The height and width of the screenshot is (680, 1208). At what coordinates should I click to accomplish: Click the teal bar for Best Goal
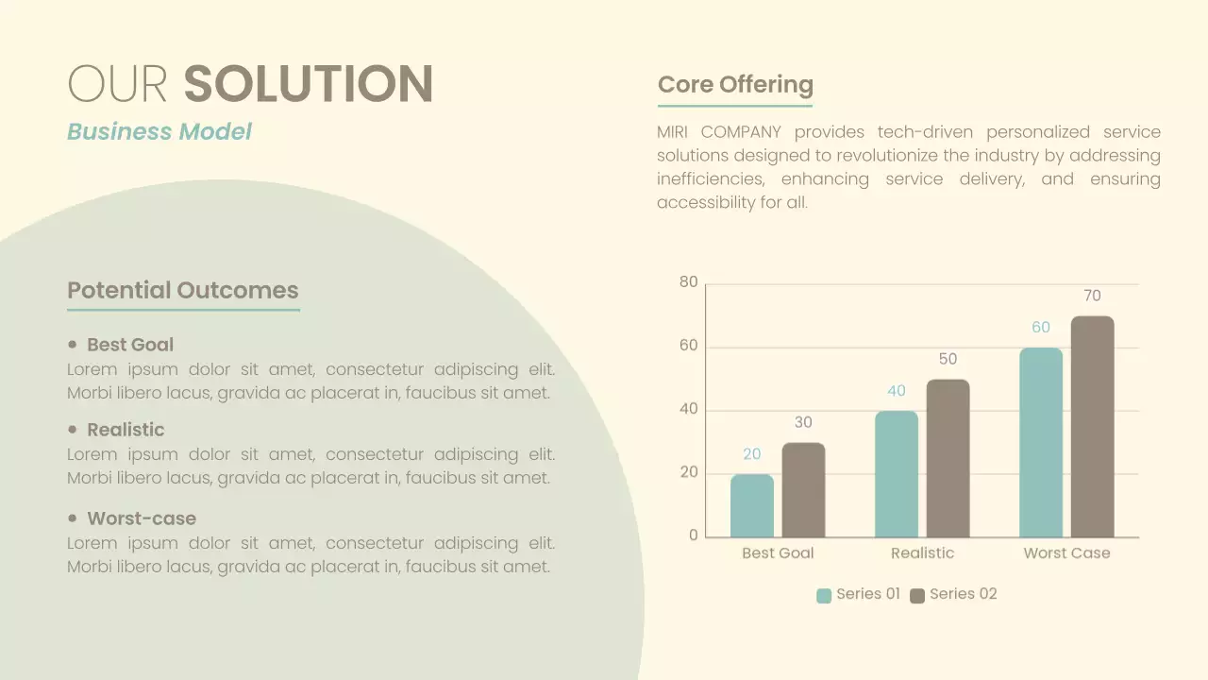point(752,506)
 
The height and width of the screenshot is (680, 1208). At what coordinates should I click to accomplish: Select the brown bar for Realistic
point(948,459)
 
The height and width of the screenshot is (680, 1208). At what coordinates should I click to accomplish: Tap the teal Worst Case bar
point(1041,443)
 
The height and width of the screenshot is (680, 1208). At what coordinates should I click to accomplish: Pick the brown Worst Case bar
point(1092,427)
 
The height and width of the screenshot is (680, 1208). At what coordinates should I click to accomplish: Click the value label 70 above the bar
point(1092,296)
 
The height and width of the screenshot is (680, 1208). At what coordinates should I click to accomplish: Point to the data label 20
point(752,454)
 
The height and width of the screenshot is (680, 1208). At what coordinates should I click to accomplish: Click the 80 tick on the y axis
point(689,282)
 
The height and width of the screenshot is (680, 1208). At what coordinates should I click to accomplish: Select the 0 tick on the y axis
point(694,535)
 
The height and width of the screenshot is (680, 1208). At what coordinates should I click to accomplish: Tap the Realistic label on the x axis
point(922,553)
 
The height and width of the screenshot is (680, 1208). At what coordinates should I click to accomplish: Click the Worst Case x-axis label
point(1066,553)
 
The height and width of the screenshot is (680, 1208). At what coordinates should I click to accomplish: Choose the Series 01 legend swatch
point(824,595)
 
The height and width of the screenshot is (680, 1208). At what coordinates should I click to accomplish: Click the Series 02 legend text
point(963,594)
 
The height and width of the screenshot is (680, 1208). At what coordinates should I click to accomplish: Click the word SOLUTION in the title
point(308,84)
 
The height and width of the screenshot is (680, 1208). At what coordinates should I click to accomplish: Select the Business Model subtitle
point(159,131)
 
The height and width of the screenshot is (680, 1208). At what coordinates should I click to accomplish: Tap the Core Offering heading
point(735,84)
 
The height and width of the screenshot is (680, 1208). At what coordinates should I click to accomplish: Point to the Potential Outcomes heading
point(183,290)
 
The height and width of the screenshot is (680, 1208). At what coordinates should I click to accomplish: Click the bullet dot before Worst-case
point(73,518)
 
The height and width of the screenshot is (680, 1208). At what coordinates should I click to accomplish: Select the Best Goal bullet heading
point(130,345)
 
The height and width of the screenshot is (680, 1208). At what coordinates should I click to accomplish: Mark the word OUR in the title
point(117,84)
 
